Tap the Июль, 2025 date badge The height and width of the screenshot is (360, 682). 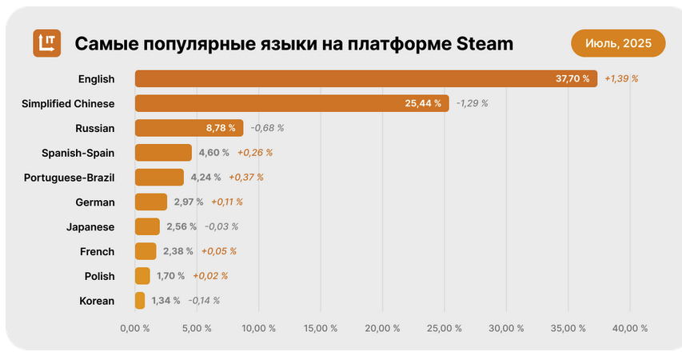point(617,42)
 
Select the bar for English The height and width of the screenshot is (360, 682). point(365,78)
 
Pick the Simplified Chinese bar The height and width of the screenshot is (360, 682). point(291,103)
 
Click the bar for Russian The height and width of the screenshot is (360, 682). point(189,128)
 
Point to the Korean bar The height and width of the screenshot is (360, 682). point(140,301)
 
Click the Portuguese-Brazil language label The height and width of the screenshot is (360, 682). point(70,178)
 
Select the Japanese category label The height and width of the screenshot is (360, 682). point(90,227)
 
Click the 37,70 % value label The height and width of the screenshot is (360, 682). point(572,78)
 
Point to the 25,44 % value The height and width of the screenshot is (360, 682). point(424,103)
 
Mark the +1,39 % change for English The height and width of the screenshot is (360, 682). point(621,78)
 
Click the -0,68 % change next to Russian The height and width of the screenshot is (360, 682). point(267,128)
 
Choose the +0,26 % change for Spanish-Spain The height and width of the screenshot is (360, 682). point(254,153)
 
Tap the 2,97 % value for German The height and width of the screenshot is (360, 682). point(189,202)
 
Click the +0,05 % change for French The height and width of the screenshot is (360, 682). point(218,251)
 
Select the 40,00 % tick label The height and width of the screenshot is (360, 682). point(629,328)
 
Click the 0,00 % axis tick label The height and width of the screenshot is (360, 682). point(134,328)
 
